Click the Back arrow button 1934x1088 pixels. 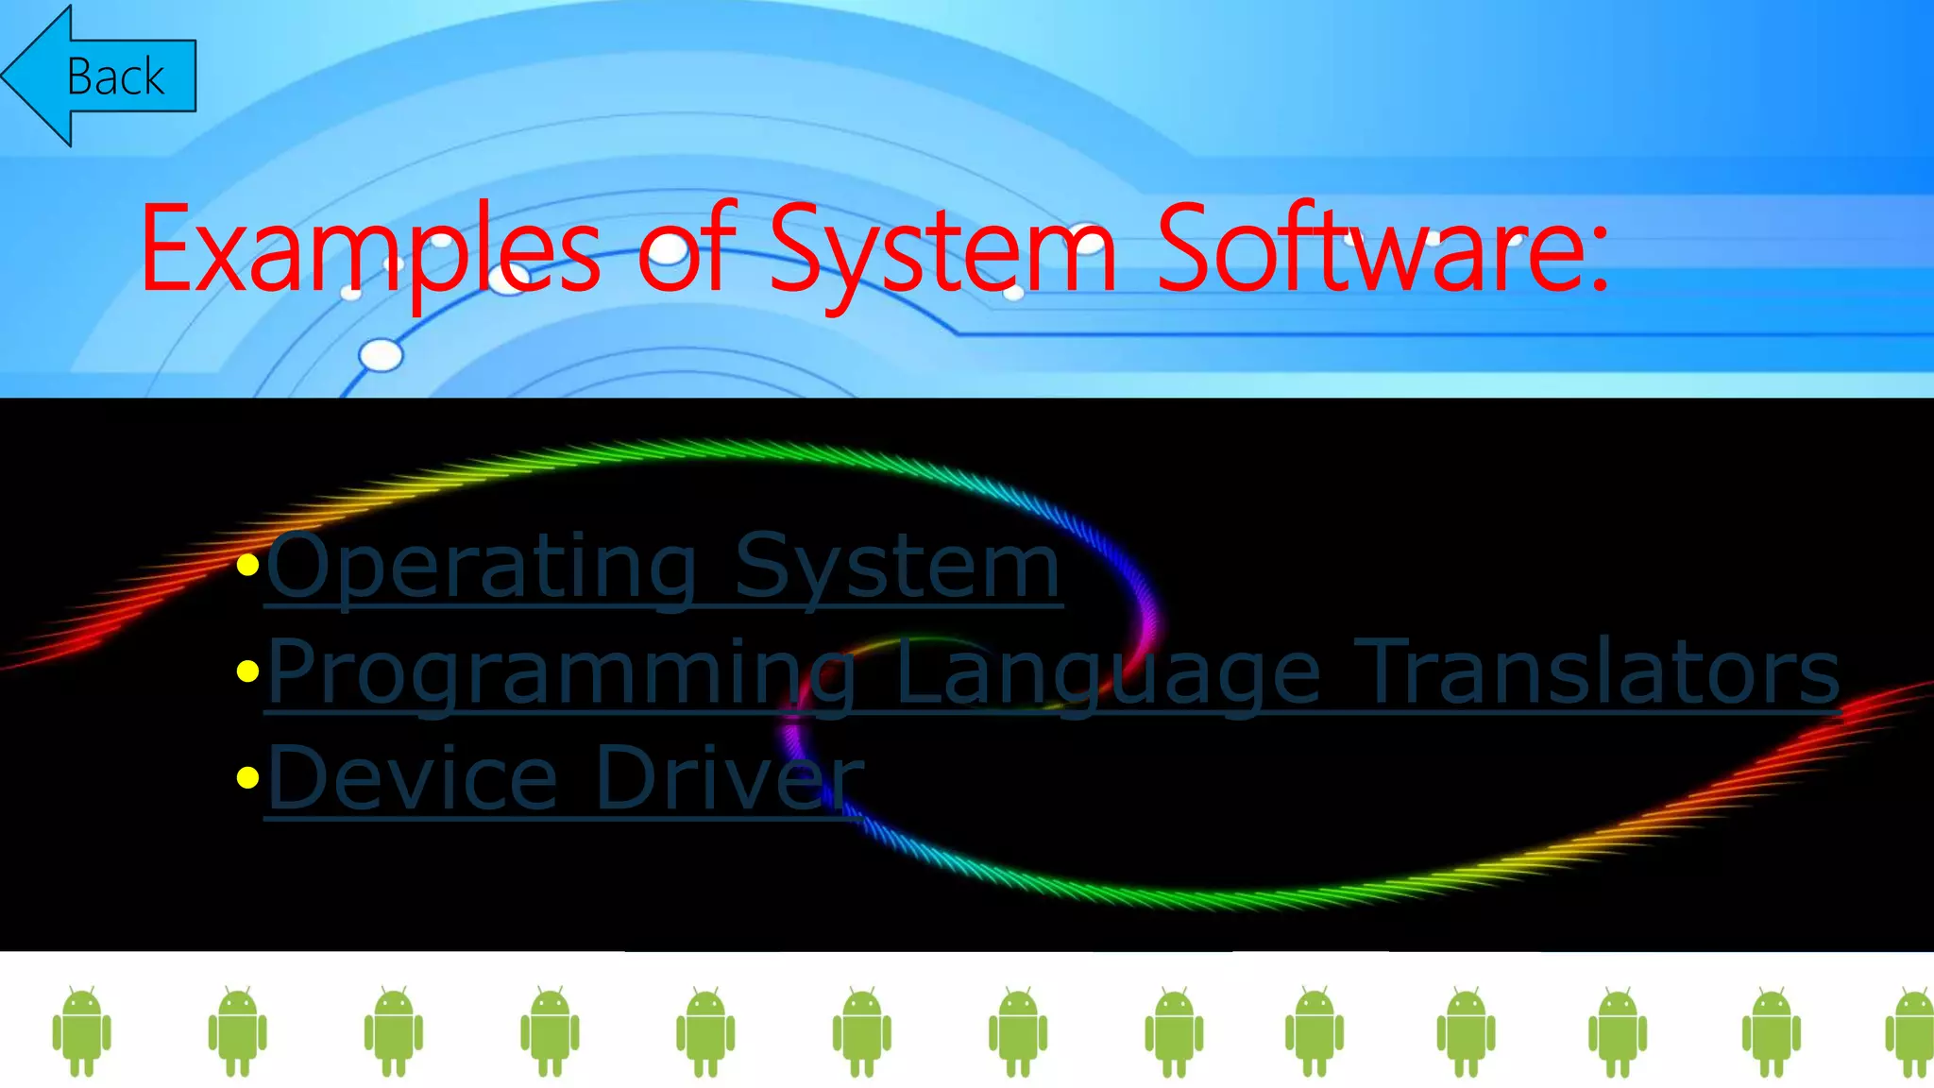(99, 76)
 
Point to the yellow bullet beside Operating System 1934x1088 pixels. (248, 566)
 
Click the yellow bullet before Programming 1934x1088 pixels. (248, 671)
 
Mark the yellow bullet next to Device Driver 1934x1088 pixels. (248, 777)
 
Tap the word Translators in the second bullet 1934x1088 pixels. (1596, 671)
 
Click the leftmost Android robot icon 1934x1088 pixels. (82, 1031)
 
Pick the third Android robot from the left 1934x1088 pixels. (394, 1031)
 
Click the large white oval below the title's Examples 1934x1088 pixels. (382, 355)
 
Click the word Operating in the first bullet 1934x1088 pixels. (482, 566)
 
